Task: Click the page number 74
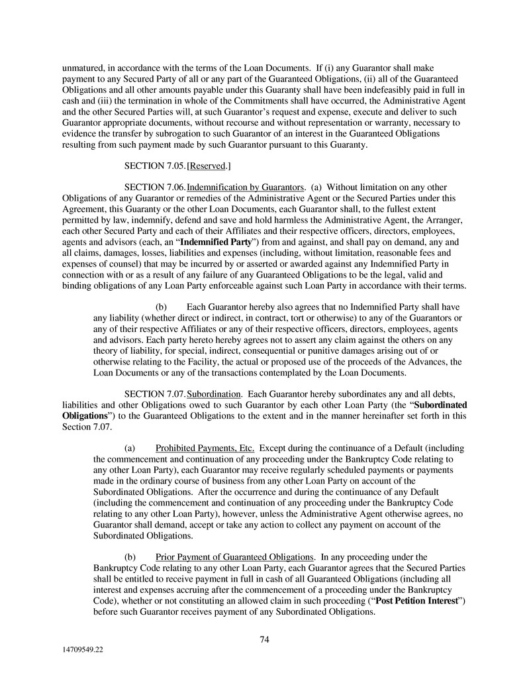coord(264,639)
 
